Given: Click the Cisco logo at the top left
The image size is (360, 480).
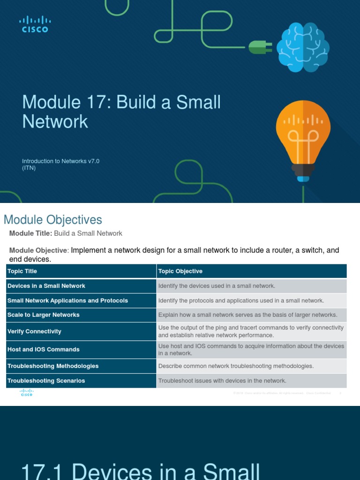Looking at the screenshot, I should (x=35, y=24).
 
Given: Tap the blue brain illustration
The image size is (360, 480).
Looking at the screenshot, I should (x=302, y=47).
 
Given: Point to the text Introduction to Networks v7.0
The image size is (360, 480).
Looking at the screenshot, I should (x=60, y=161).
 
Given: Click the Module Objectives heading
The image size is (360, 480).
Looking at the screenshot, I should (x=52, y=219).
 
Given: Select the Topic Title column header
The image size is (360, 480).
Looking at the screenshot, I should (x=22, y=271).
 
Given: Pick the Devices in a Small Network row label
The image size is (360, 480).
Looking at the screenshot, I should (x=46, y=286).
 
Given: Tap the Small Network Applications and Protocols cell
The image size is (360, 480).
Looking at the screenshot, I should (x=67, y=300).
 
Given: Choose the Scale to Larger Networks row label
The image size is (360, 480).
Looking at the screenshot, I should (x=44, y=315).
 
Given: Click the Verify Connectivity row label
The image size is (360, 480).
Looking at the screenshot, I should (x=34, y=331).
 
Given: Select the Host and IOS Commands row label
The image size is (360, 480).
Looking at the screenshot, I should (x=44, y=349).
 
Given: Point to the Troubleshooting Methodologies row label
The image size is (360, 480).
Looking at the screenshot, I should (x=53, y=366).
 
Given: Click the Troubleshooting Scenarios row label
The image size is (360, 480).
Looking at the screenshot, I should (x=46, y=381).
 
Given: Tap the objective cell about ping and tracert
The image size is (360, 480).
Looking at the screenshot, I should (x=251, y=331).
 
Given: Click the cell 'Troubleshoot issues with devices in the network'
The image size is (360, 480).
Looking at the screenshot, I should (x=222, y=381).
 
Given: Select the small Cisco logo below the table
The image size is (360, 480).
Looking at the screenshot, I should (x=26, y=393).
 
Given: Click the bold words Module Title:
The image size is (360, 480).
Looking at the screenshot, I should (x=30, y=233).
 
